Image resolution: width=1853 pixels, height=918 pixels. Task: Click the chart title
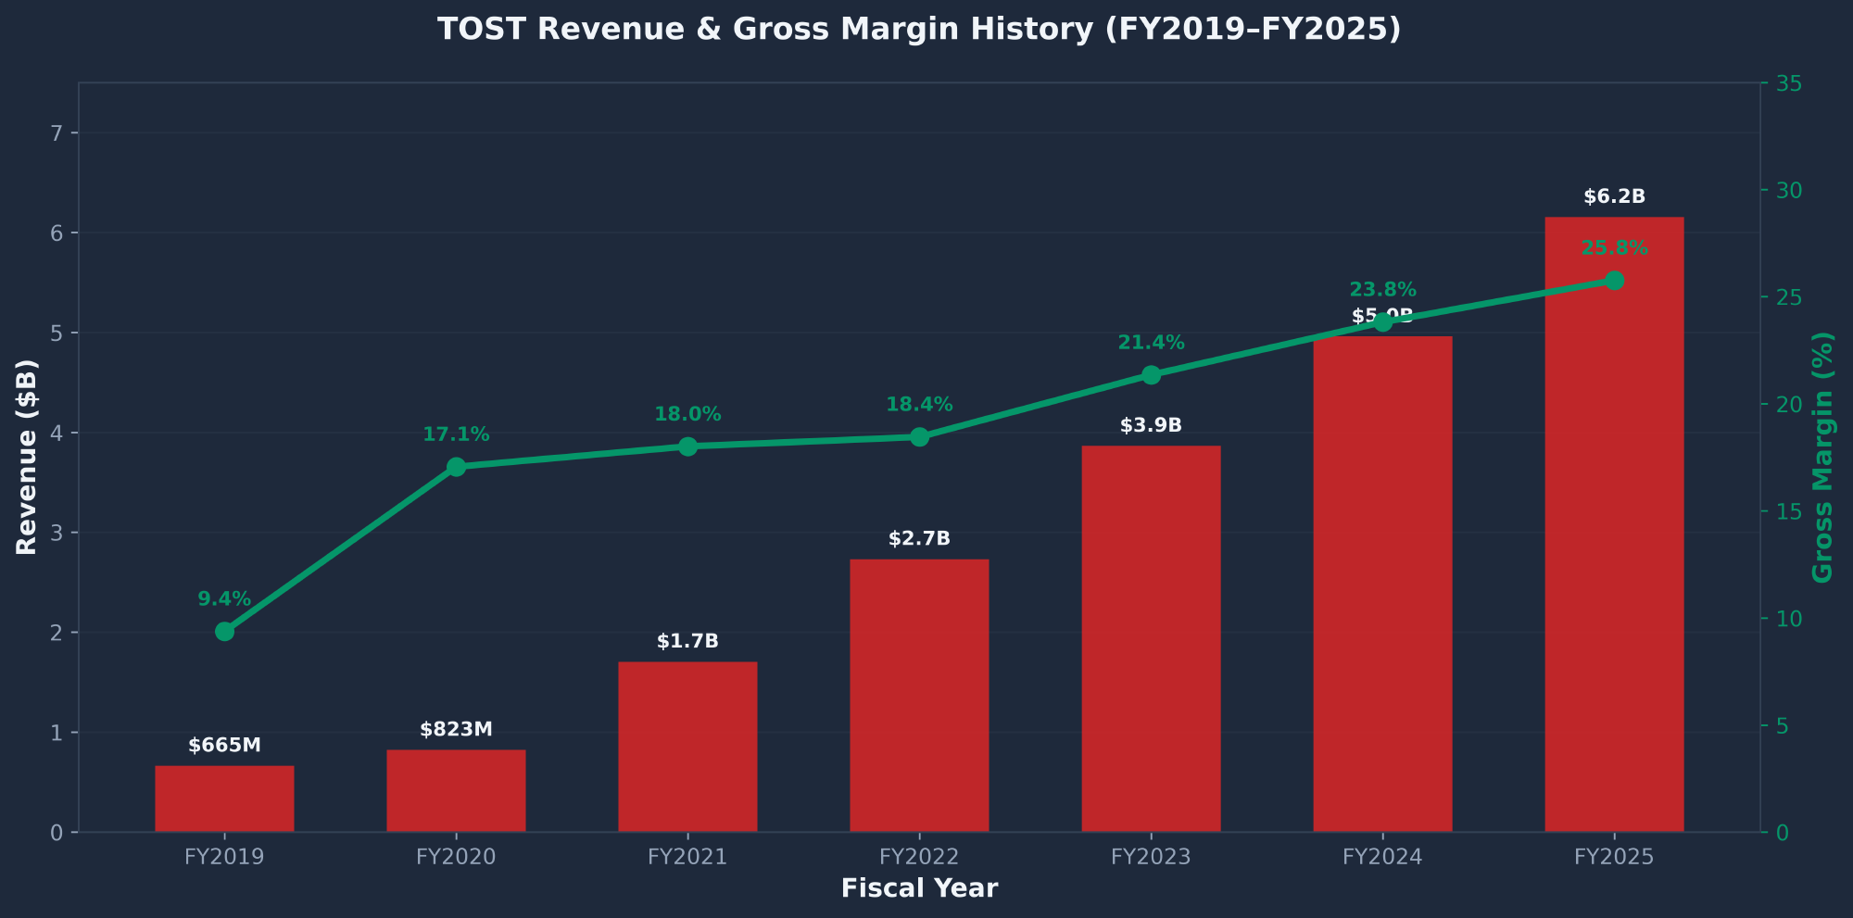pyautogui.click(x=919, y=30)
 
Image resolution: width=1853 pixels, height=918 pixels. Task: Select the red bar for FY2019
pyautogui.click(x=224, y=799)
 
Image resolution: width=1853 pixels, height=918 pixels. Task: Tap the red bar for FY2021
pyautogui.click(x=687, y=747)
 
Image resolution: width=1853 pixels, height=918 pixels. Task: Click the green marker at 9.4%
pyautogui.click(x=224, y=632)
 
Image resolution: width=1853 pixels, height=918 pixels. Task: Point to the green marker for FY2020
pyautogui.click(x=456, y=467)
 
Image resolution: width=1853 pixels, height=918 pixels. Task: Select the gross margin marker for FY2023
pyautogui.click(x=1151, y=375)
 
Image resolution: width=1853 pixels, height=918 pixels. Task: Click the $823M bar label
pyautogui.click(x=456, y=730)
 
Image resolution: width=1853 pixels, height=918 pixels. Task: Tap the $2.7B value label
pyautogui.click(x=919, y=539)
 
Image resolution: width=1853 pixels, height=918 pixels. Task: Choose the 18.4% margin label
pyautogui.click(x=919, y=405)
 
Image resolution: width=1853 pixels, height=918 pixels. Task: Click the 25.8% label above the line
pyautogui.click(x=1614, y=248)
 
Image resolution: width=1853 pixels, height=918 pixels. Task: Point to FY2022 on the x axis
pyautogui.click(x=919, y=857)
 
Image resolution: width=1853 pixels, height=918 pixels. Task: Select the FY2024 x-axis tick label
pyautogui.click(x=1382, y=857)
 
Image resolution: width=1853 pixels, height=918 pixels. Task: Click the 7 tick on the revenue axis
pyautogui.click(x=57, y=133)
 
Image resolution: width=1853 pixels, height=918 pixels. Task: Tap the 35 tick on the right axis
pyautogui.click(x=1788, y=84)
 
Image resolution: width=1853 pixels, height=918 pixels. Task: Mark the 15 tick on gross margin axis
pyautogui.click(x=1788, y=512)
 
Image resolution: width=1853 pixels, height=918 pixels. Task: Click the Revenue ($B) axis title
pyautogui.click(x=28, y=457)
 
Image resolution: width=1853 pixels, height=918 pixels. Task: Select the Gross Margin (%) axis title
pyautogui.click(x=1822, y=457)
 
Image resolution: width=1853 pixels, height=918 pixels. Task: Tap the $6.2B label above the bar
pyautogui.click(x=1614, y=197)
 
